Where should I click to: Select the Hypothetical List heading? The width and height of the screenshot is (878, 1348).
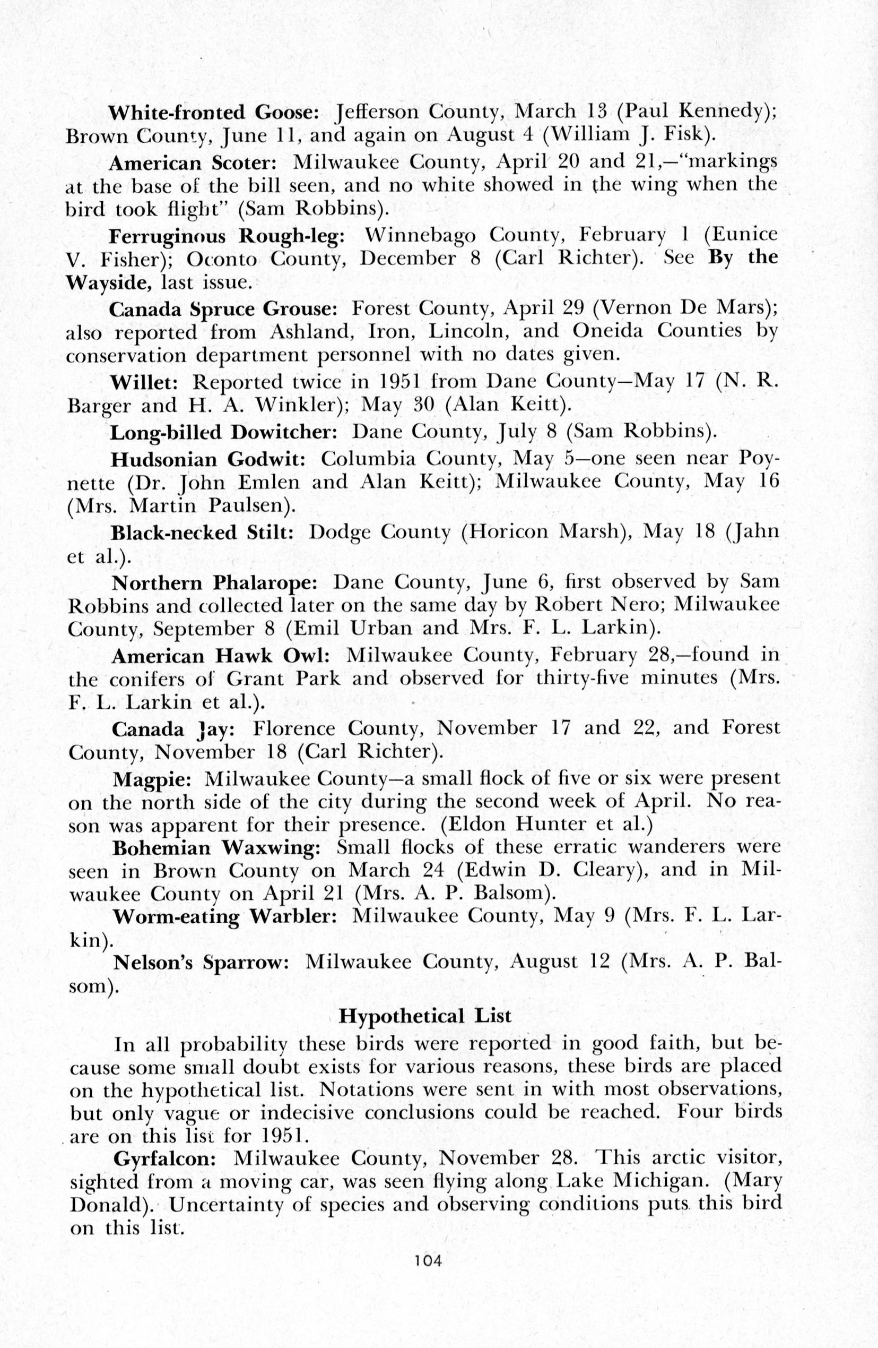click(424, 1016)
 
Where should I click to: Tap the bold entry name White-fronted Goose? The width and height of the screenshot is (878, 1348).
click(214, 113)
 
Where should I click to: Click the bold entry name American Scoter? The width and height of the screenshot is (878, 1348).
click(192, 163)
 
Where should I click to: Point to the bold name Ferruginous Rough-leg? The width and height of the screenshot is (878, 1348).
click(227, 235)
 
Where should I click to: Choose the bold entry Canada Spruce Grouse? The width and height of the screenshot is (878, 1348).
click(223, 309)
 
